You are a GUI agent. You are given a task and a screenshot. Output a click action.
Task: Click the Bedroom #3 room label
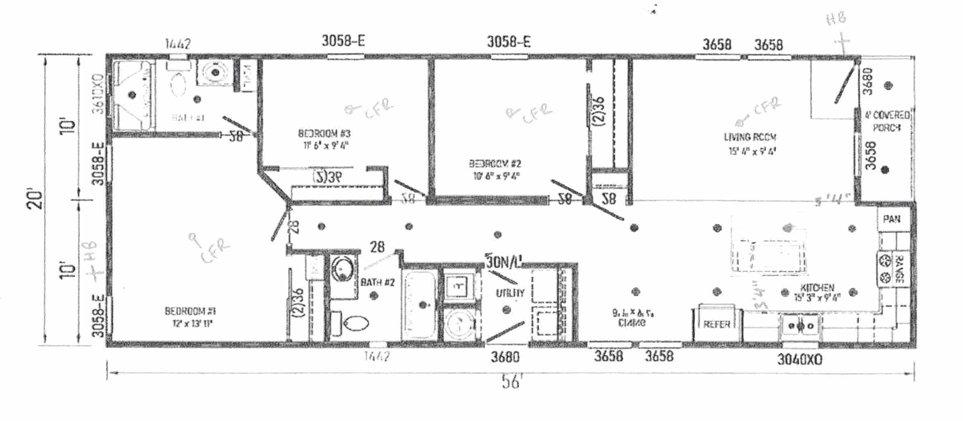point(324,133)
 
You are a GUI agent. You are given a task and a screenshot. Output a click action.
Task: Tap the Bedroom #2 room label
point(495,164)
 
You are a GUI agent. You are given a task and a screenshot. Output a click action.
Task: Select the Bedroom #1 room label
point(190,312)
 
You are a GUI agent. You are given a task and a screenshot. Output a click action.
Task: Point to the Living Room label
point(750,137)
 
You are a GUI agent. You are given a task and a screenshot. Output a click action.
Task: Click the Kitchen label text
point(817,288)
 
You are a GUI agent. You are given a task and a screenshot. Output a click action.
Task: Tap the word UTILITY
point(510,293)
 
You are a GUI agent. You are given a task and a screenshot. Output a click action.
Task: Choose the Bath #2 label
point(378,282)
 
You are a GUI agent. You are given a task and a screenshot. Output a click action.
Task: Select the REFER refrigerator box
point(716,324)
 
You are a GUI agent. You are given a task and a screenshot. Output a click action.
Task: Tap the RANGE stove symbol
point(893,269)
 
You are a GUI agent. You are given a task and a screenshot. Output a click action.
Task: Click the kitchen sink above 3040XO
point(800,326)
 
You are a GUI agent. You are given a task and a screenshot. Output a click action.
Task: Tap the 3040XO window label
point(799,360)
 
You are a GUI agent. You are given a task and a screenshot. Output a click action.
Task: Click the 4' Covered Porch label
point(887,121)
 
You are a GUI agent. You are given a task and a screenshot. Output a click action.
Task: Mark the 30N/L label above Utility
point(504,262)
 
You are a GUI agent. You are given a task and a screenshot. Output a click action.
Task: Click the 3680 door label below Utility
point(505,357)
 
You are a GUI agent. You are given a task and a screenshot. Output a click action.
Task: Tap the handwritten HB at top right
point(836,18)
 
